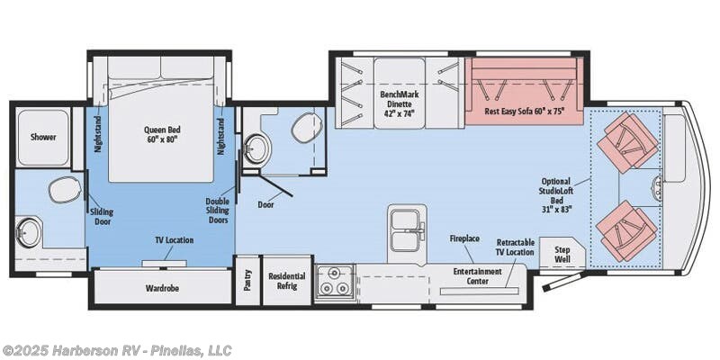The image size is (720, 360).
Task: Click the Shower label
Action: [43, 137]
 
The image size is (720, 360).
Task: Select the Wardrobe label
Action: [162, 288]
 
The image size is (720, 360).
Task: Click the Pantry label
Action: [248, 280]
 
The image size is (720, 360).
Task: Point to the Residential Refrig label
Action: [287, 281]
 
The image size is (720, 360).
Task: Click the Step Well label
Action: [562, 255]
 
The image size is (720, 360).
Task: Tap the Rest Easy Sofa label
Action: [524, 111]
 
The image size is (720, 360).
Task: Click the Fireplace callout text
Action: [464, 238]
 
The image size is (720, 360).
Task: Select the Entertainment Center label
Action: [478, 276]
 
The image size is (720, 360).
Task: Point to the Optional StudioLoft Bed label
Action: [555, 195]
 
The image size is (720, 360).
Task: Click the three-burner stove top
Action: [335, 282]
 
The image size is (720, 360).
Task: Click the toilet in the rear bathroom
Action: [65, 190]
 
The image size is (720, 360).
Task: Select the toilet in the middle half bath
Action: [306, 128]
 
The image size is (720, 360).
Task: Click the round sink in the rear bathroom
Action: [28, 232]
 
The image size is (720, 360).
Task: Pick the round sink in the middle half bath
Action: [256, 149]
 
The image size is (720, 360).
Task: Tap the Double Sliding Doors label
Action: [217, 211]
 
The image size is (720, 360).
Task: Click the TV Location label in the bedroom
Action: [173, 240]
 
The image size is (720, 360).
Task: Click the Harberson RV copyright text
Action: [117, 350]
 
